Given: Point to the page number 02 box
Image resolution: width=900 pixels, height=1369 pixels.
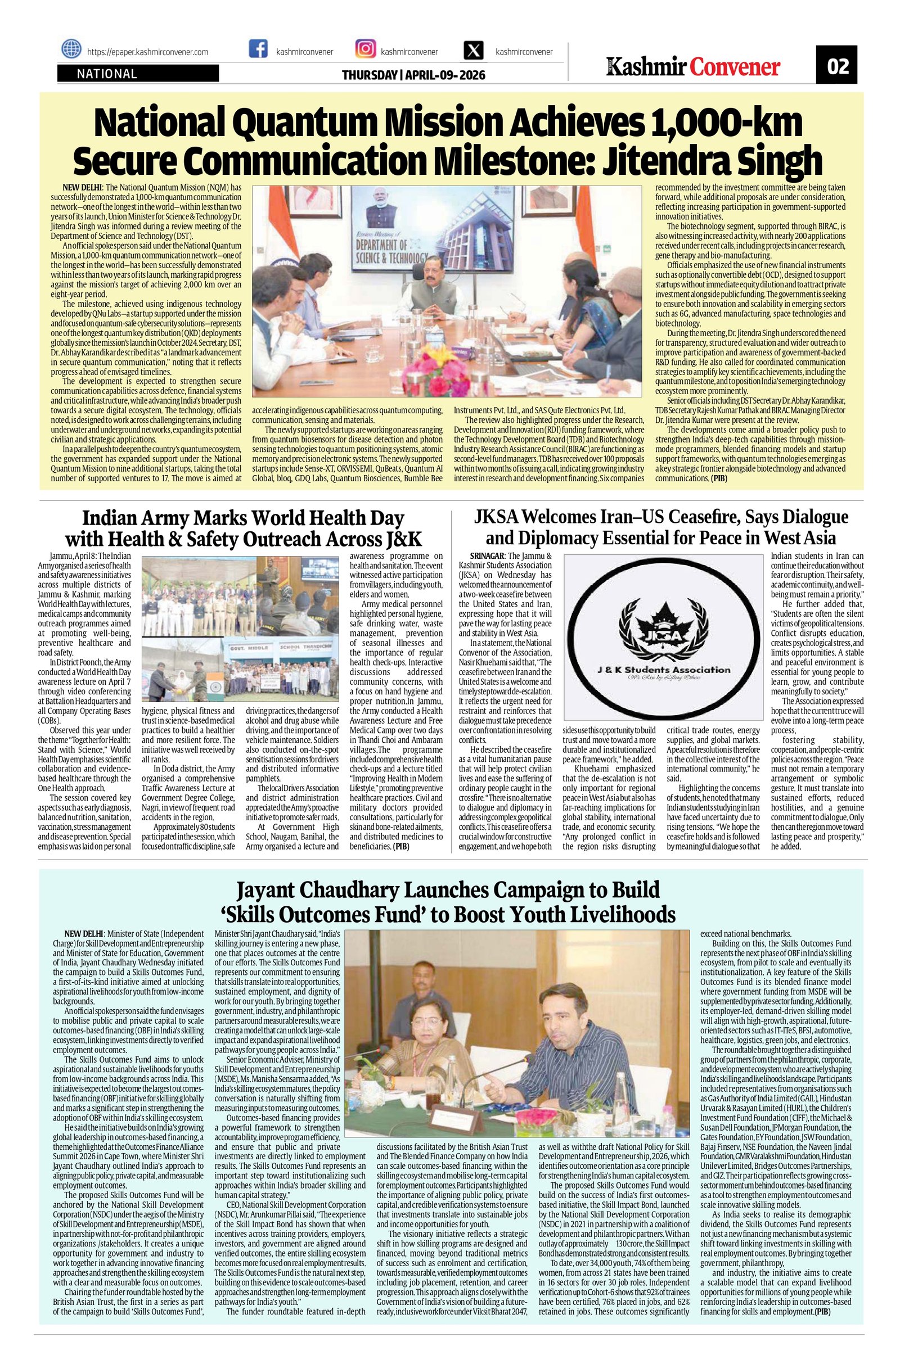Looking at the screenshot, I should tap(837, 67).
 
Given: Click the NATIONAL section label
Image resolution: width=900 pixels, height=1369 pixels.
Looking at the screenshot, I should tap(107, 74).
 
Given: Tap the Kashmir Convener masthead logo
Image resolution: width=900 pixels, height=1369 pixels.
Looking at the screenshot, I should tap(694, 67).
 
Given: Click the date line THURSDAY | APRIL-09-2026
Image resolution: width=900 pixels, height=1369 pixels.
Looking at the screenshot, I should tap(413, 75).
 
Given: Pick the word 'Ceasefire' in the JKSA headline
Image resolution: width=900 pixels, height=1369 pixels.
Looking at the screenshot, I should tap(669, 517).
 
